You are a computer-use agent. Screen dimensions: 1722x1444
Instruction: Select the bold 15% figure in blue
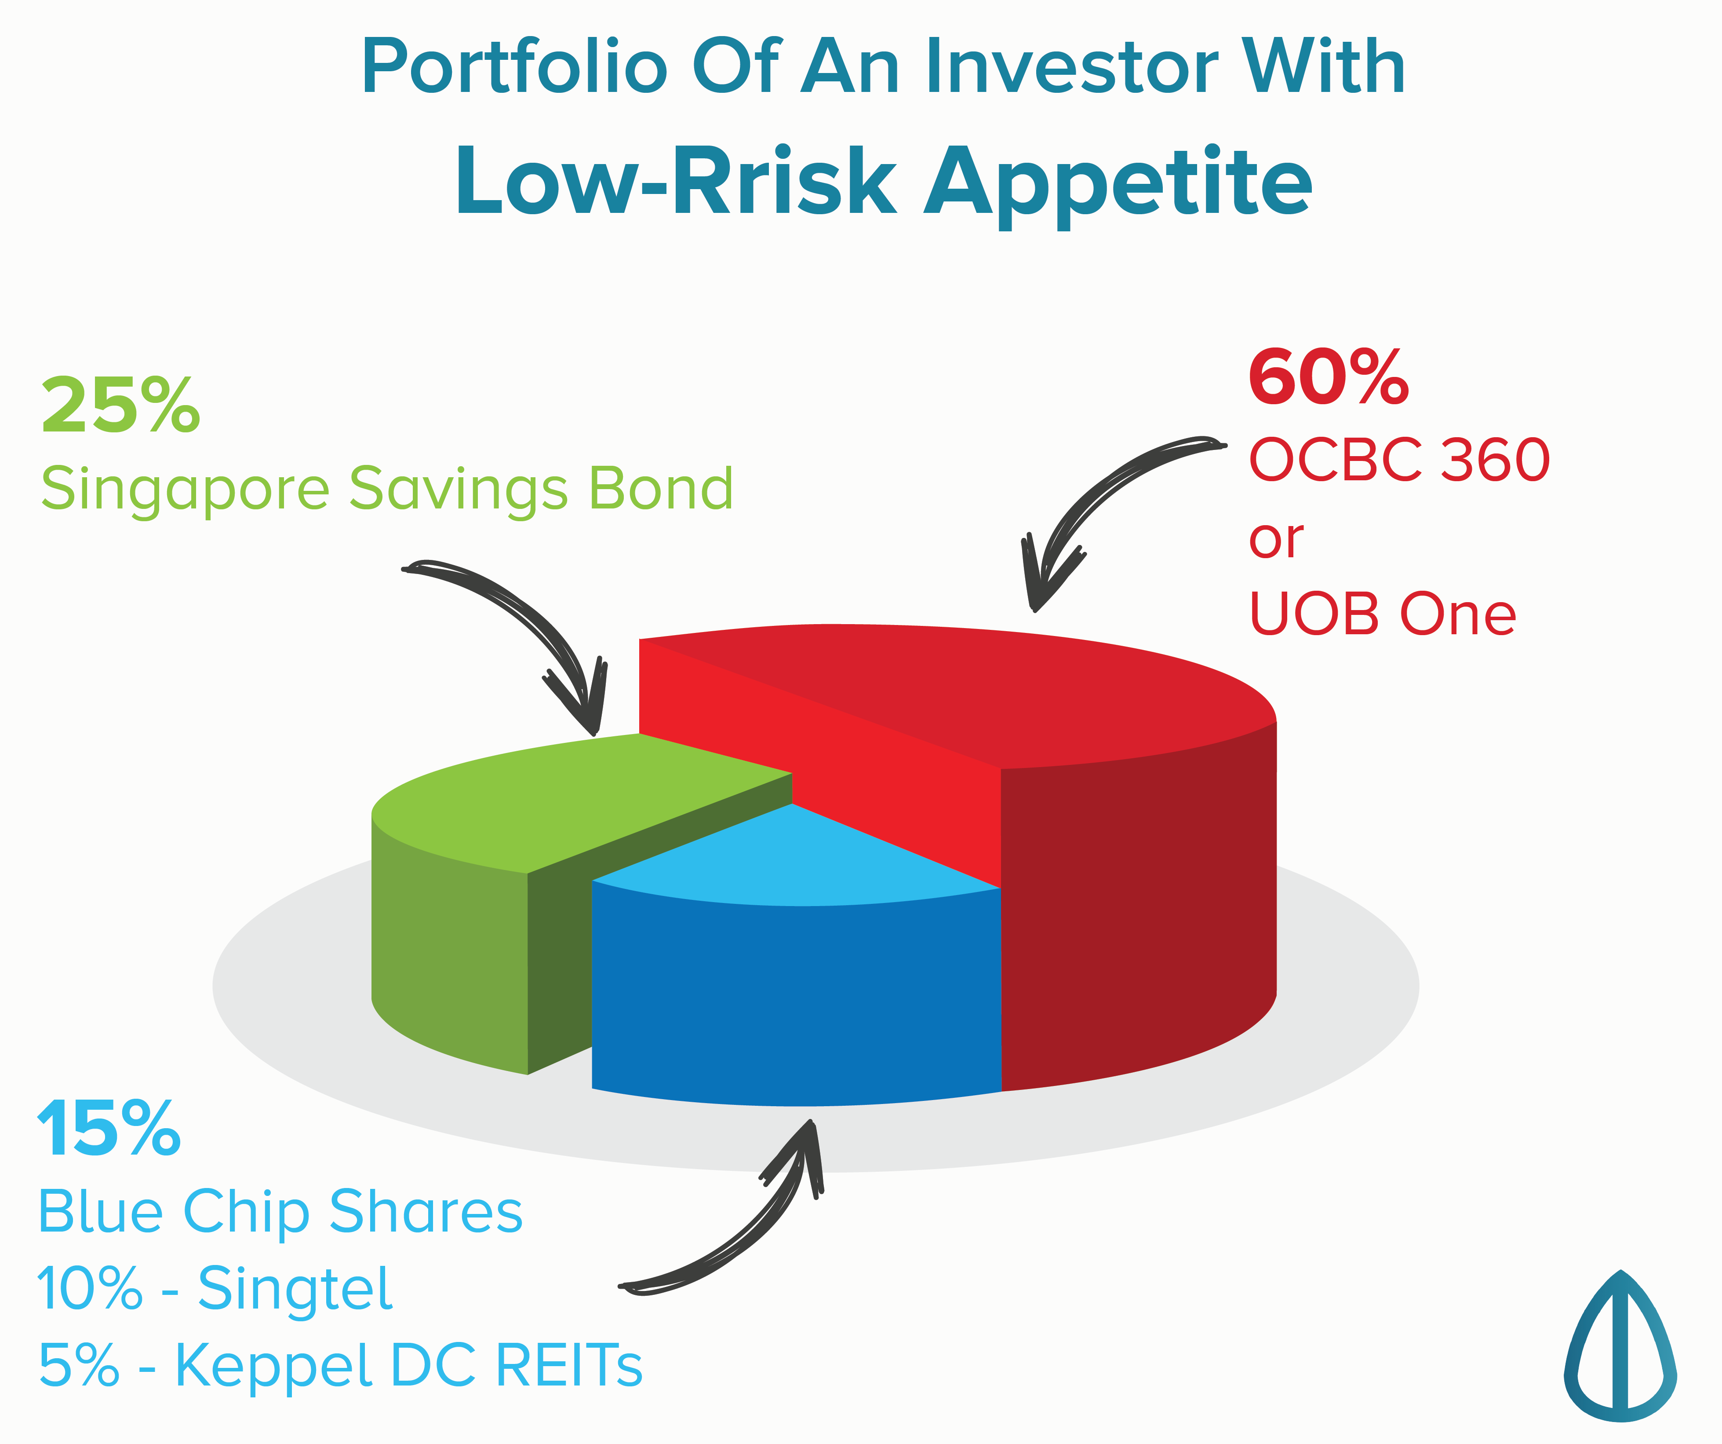pyautogui.click(x=109, y=1130)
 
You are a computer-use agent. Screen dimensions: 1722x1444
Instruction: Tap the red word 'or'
pyautogui.click(x=1276, y=541)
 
